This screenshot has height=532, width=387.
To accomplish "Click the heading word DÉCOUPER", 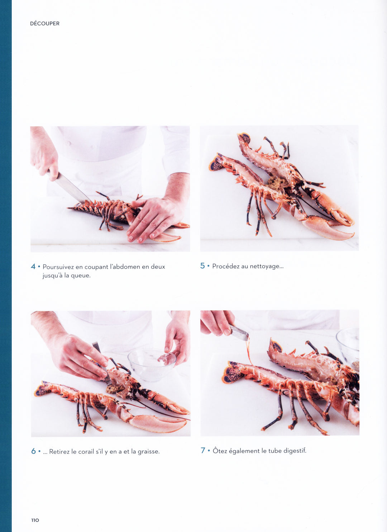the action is coord(45,24).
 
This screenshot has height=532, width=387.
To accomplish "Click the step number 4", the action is coord(33,267).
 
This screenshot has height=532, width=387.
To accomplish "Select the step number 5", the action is coord(202,266).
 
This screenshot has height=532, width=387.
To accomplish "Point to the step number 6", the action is coord(33,451).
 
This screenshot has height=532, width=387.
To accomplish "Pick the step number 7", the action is coord(203,450).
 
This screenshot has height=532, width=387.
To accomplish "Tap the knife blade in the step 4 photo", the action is coord(71,188).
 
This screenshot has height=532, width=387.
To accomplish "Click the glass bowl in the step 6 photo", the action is coord(152,365).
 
